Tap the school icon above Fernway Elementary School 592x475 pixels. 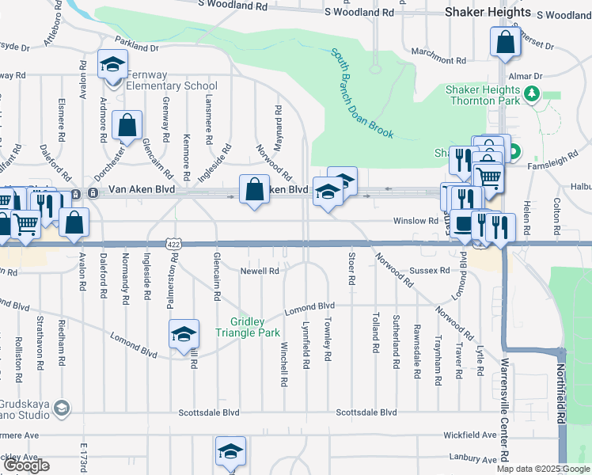point(112,63)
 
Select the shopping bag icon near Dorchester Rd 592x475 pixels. point(127,125)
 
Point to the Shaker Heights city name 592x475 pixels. point(488,13)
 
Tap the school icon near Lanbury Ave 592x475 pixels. point(230,451)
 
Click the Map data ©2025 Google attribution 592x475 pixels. point(542,469)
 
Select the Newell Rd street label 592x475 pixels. point(260,271)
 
